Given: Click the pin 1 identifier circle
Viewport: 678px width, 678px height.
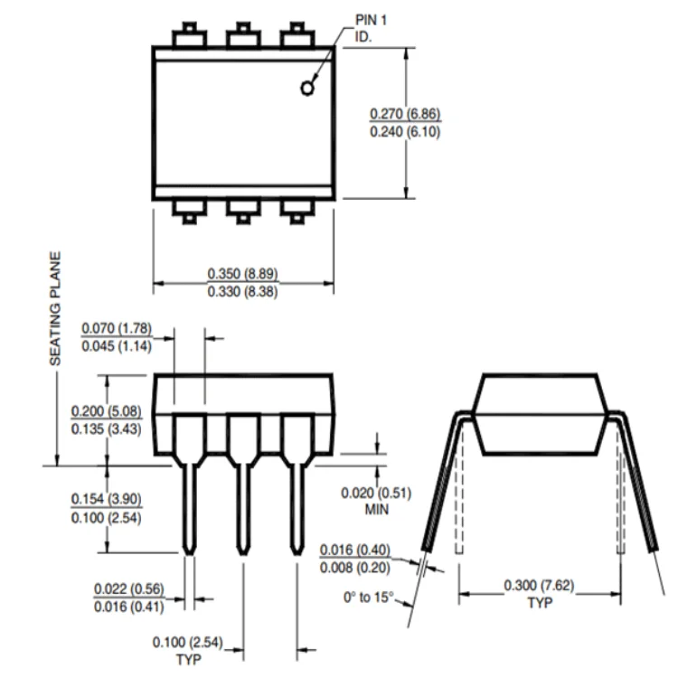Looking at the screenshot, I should (308, 88).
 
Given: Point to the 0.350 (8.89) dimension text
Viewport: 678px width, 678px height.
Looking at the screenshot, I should (242, 274).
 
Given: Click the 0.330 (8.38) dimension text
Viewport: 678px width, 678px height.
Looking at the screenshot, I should (242, 291).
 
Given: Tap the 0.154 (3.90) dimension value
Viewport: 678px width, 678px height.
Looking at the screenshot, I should (106, 500).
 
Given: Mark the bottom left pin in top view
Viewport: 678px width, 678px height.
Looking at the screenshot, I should (189, 211).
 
